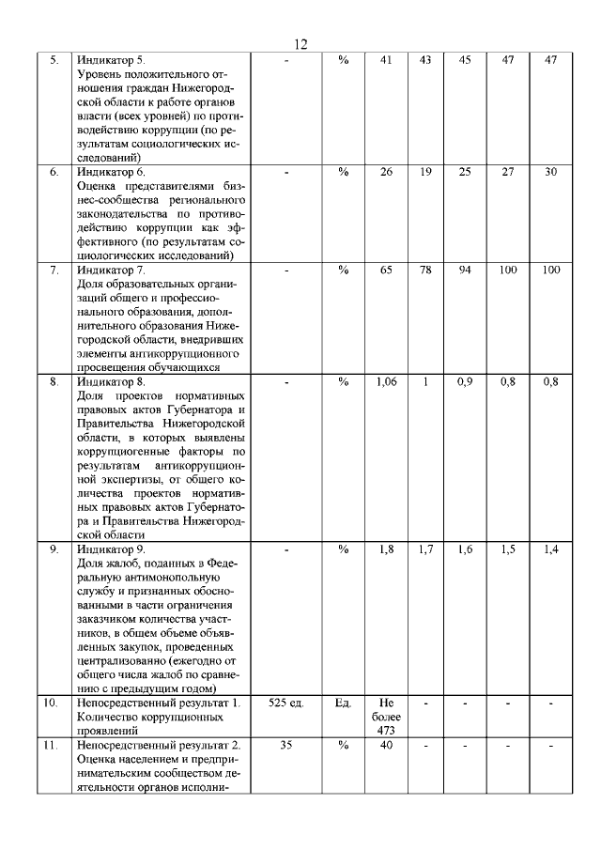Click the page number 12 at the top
click(x=300, y=44)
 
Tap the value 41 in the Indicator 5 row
click(x=385, y=60)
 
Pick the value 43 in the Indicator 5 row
click(x=425, y=60)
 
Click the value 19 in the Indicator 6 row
click(x=425, y=172)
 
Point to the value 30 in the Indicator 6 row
click(x=550, y=172)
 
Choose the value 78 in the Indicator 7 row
click(x=425, y=270)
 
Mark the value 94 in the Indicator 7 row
click(x=464, y=270)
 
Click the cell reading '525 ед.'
click(x=287, y=703)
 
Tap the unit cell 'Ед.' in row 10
click(x=343, y=703)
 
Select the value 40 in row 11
click(x=386, y=745)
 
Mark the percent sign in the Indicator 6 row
click(x=343, y=172)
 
